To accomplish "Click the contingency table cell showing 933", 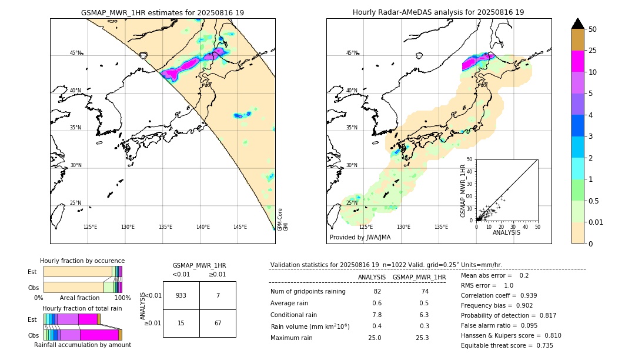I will [x=181, y=295].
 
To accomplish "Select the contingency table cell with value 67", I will [x=218, y=323].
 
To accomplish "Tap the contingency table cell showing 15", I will [x=181, y=323].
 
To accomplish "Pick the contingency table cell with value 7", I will [x=218, y=295].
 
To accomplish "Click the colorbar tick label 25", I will [x=593, y=51].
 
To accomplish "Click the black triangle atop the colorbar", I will [x=577, y=24].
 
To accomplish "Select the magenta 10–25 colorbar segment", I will [x=577, y=61].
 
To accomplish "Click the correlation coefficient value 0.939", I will [x=524, y=295].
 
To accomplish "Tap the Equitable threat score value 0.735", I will [x=540, y=345].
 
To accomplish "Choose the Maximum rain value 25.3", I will [x=422, y=338].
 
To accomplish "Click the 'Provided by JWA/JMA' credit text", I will [x=360, y=237].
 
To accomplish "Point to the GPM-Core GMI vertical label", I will [x=283, y=219].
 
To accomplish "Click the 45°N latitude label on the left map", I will [x=76, y=53].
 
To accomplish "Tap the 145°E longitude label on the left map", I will [x=240, y=227].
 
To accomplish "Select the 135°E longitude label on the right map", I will [x=441, y=227].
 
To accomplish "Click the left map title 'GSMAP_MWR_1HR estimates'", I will [x=162, y=12].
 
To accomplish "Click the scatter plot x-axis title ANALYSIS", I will [x=506, y=232].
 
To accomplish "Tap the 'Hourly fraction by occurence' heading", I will [x=82, y=261].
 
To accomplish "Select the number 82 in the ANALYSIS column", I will [x=377, y=291].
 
